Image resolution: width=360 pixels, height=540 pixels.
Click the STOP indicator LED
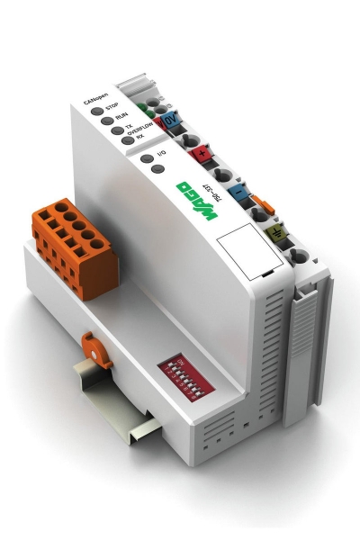click(95, 110)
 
